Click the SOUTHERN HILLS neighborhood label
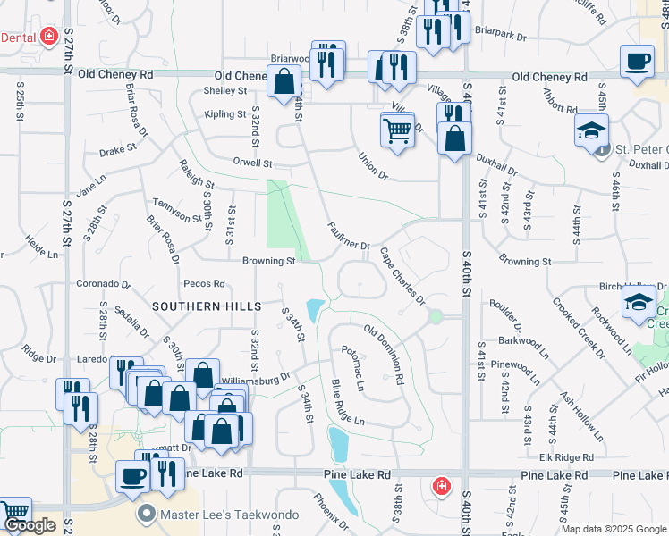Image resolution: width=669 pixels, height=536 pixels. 199,306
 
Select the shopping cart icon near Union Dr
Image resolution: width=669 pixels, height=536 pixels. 397,130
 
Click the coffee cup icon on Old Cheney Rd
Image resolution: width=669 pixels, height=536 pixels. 636,62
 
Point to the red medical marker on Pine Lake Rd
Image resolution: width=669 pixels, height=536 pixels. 441,486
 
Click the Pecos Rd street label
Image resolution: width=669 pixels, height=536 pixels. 204,284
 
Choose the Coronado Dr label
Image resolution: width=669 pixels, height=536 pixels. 102,285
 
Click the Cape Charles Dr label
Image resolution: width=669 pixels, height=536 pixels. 402,276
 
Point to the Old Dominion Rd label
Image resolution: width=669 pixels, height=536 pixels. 385,354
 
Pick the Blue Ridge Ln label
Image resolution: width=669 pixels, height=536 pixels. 348,402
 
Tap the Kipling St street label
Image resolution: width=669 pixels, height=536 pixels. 224,114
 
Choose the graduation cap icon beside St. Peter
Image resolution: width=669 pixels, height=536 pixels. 591,130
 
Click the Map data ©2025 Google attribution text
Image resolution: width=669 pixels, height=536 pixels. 614,529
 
